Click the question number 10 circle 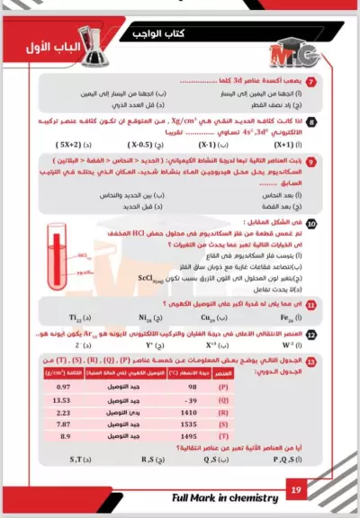click(310, 223)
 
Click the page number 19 click(296, 490)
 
